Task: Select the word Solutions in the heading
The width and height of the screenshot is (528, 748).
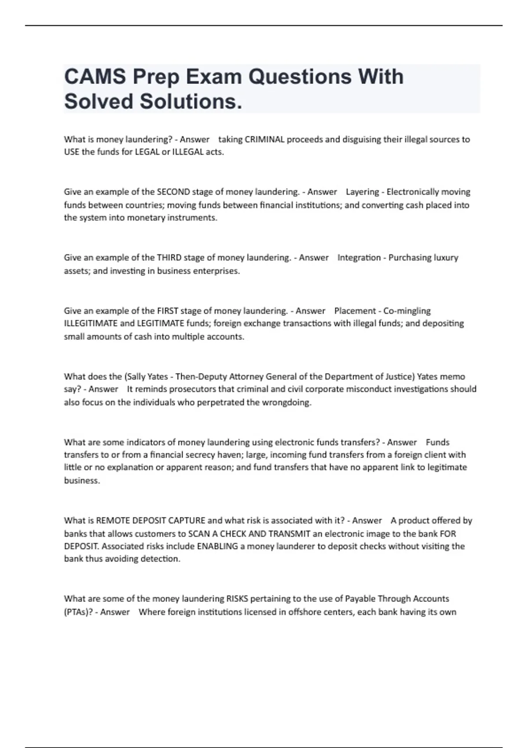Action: (x=191, y=102)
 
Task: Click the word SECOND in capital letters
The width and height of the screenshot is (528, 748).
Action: (x=173, y=192)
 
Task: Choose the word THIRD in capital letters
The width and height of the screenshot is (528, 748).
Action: (x=169, y=257)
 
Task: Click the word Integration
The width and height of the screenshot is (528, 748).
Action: (x=359, y=257)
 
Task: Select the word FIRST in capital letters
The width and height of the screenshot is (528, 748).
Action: (x=167, y=311)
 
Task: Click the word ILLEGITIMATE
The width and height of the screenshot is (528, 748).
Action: (x=91, y=323)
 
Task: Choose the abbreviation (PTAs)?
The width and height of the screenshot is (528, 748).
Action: (x=78, y=612)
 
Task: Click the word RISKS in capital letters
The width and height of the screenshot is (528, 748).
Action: (x=237, y=599)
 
